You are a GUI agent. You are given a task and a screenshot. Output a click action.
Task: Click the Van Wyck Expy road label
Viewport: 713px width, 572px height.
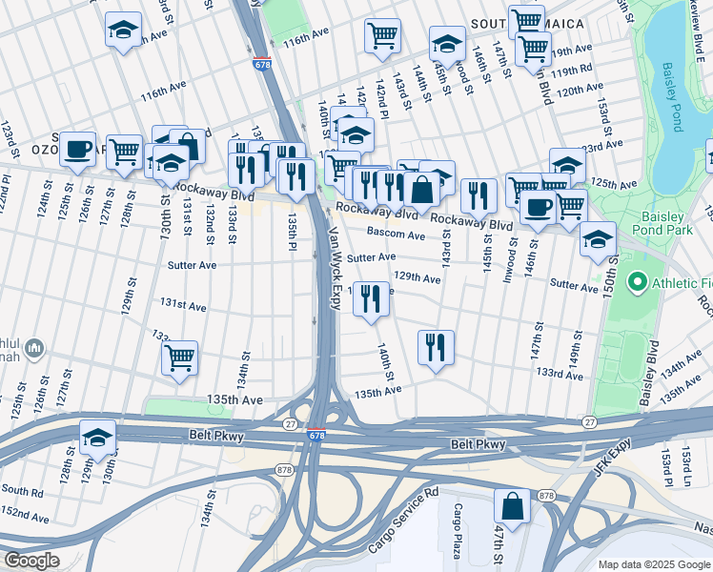point(334,268)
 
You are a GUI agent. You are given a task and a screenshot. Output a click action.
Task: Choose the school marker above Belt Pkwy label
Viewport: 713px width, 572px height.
point(97,437)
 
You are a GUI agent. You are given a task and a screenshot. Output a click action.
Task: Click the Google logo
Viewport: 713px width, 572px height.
point(31,561)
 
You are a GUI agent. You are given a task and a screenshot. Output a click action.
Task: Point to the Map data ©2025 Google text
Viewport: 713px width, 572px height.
point(653,564)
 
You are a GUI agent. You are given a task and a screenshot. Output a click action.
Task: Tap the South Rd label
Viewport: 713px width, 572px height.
point(21,490)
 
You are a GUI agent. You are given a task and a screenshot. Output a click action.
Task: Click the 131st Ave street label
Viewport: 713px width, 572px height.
point(183,305)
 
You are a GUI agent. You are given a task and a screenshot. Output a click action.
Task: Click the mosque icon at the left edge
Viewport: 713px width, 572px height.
point(34,350)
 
